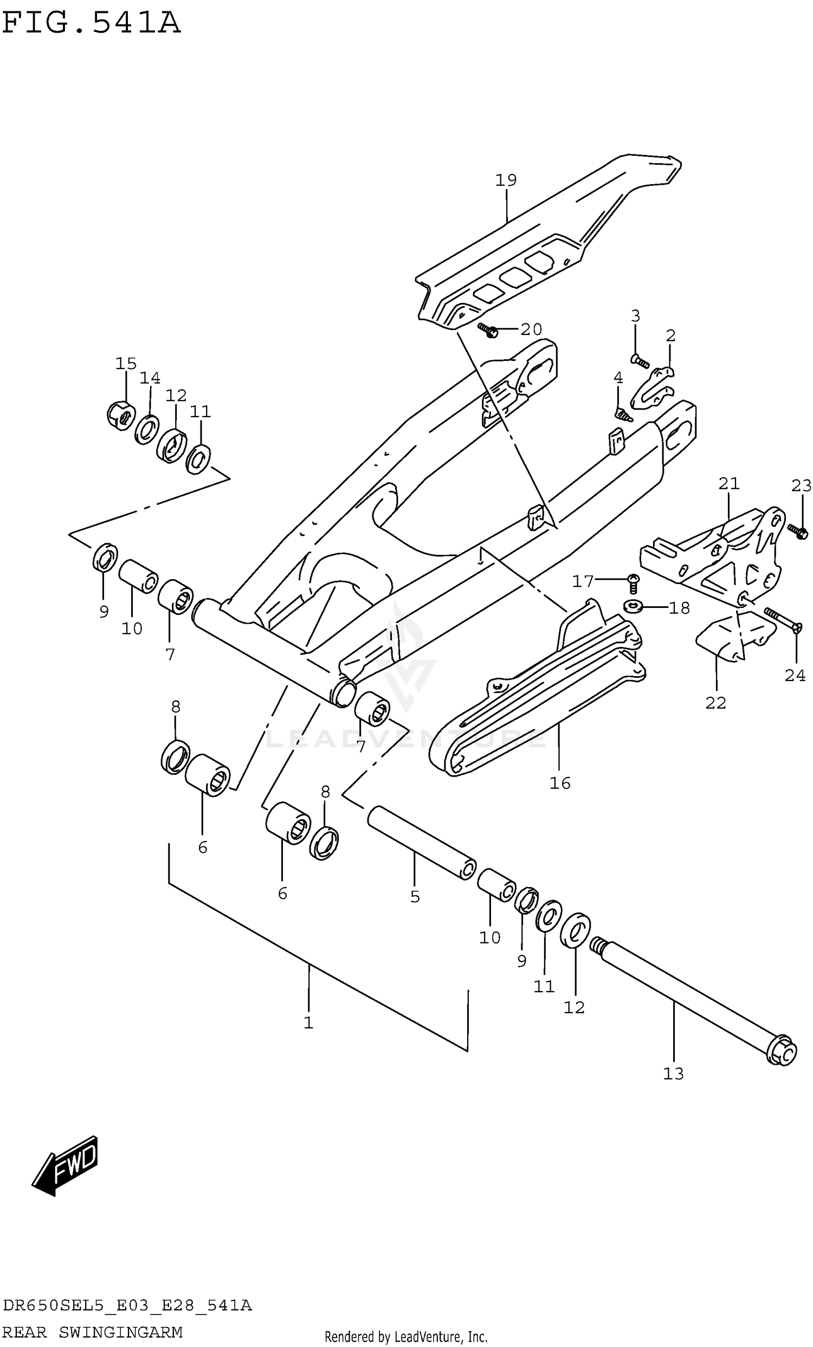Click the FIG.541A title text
pyautogui.click(x=91, y=23)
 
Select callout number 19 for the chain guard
pyautogui.click(x=506, y=180)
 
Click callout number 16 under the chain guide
pyautogui.click(x=559, y=783)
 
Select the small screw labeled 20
pyautogui.click(x=487, y=329)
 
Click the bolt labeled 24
pyautogui.click(x=783, y=621)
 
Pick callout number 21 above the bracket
pyautogui.click(x=728, y=484)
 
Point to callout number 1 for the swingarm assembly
pyautogui.click(x=308, y=1022)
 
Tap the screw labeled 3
pyautogui.click(x=640, y=361)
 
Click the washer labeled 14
pyautogui.click(x=147, y=429)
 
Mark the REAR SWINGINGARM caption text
pyautogui.click(x=92, y=1332)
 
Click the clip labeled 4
pyautogui.click(x=622, y=414)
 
